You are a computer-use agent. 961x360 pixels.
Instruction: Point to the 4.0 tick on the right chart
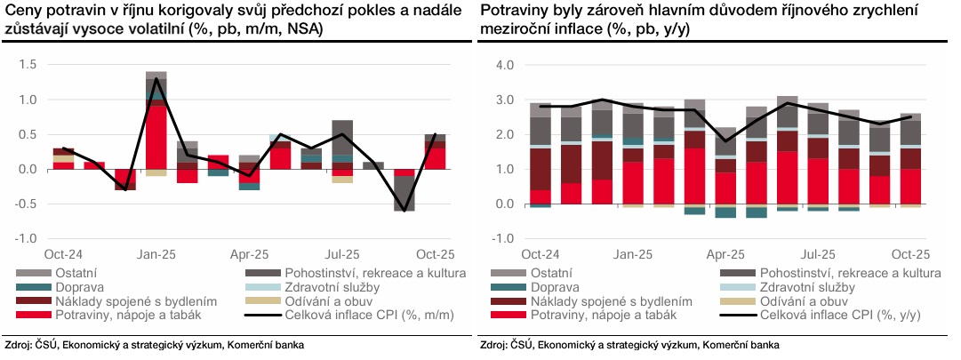[505, 65]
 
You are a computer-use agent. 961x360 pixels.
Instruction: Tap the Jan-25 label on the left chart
[156, 253]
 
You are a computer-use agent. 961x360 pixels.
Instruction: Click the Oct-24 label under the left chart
[63, 253]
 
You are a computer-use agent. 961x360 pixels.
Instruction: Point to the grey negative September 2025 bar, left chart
[404, 193]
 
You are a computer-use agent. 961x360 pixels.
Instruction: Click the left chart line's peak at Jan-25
[156, 79]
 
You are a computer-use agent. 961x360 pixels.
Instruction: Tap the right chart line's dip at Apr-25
[725, 140]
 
